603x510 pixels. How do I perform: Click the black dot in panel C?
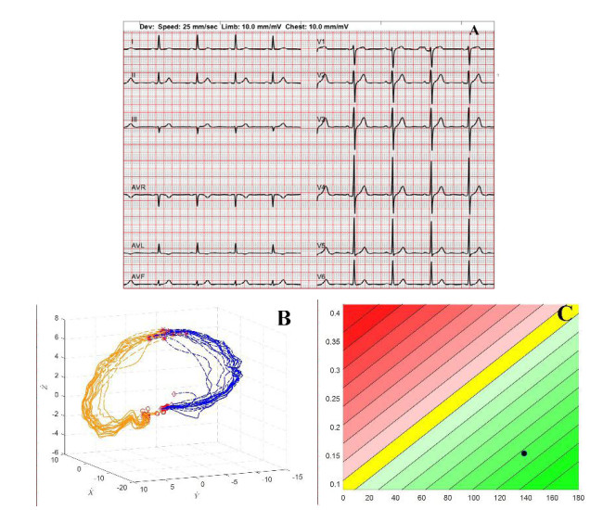[524, 453]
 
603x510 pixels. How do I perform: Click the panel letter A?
[474, 31]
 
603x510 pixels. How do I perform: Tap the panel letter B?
[285, 319]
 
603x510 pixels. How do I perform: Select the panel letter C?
[565, 313]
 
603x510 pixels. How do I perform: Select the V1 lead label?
[322, 42]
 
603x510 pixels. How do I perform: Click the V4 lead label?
[322, 188]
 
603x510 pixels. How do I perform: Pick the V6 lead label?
[322, 275]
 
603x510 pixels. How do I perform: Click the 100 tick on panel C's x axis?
[476, 498]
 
